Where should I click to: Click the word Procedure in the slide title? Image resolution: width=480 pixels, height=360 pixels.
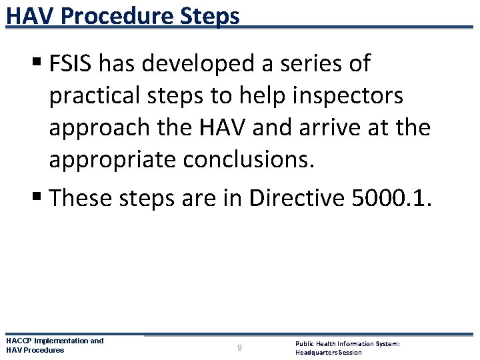click(x=126, y=15)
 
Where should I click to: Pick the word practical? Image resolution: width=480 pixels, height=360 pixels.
click(x=93, y=96)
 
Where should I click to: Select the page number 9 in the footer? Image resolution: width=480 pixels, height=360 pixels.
click(x=239, y=347)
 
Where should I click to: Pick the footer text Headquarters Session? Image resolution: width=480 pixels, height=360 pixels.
click(x=329, y=352)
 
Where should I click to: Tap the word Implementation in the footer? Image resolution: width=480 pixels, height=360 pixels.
click(x=63, y=341)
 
